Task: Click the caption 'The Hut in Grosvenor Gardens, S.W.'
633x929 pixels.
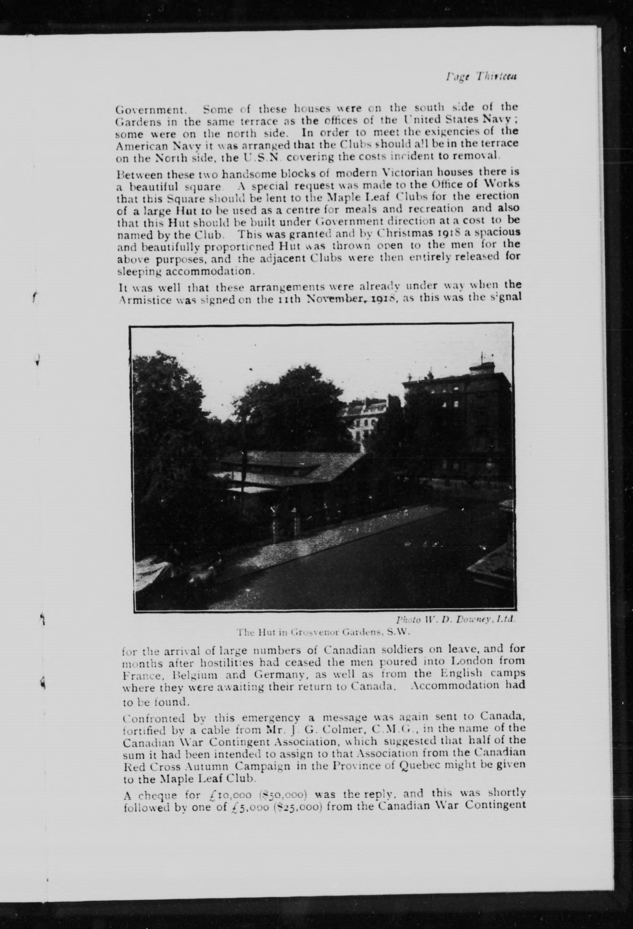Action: point(324,633)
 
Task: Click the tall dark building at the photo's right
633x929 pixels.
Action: point(459,420)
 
